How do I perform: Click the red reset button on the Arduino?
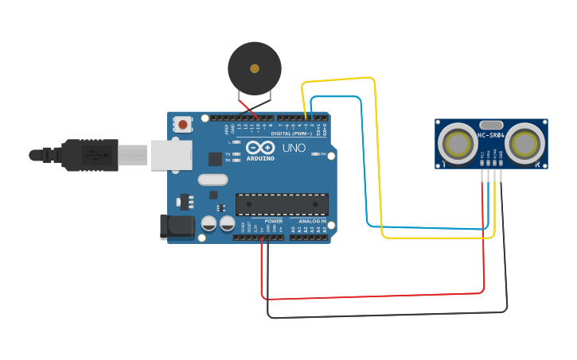183,124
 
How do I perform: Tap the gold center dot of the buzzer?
255,68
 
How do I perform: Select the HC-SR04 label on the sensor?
491,135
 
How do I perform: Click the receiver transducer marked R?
524,143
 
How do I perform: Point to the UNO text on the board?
294,148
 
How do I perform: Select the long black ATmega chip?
282,204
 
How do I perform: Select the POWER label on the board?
274,222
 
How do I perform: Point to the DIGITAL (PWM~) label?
290,134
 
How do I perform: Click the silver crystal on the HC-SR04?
492,124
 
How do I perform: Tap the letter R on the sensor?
539,165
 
